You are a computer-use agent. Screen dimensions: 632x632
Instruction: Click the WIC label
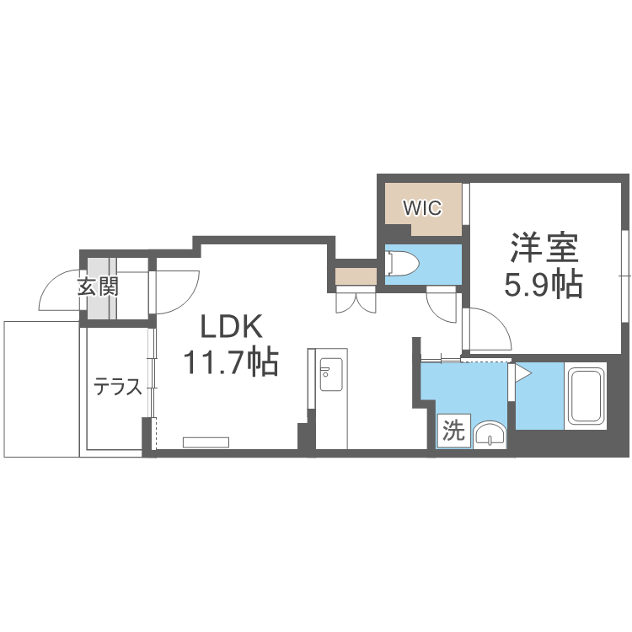[422, 208]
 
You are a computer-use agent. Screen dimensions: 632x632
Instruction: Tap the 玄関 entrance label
[98, 287]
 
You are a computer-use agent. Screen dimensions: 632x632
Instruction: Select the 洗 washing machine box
[453, 432]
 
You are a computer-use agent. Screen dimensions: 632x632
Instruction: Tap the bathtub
[587, 396]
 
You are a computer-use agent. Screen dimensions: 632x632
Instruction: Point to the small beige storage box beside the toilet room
[355, 276]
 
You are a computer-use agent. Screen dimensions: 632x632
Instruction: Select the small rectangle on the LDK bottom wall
[206, 442]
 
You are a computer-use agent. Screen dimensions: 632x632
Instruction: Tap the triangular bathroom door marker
[521, 371]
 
